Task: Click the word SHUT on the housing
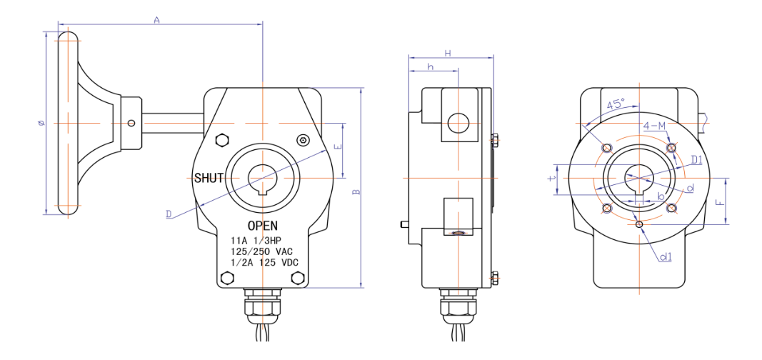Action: click(209, 178)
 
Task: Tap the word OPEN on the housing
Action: click(262, 226)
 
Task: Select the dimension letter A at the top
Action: click(156, 21)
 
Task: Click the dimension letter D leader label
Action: click(169, 214)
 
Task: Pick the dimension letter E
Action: click(339, 147)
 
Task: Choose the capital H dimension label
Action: click(448, 53)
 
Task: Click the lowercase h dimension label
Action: click(431, 66)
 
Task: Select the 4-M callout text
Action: click(654, 126)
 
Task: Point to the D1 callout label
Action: click(696, 159)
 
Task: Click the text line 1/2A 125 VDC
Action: click(262, 263)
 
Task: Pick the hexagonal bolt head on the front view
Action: click(221, 140)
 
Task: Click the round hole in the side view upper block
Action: click(457, 124)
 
